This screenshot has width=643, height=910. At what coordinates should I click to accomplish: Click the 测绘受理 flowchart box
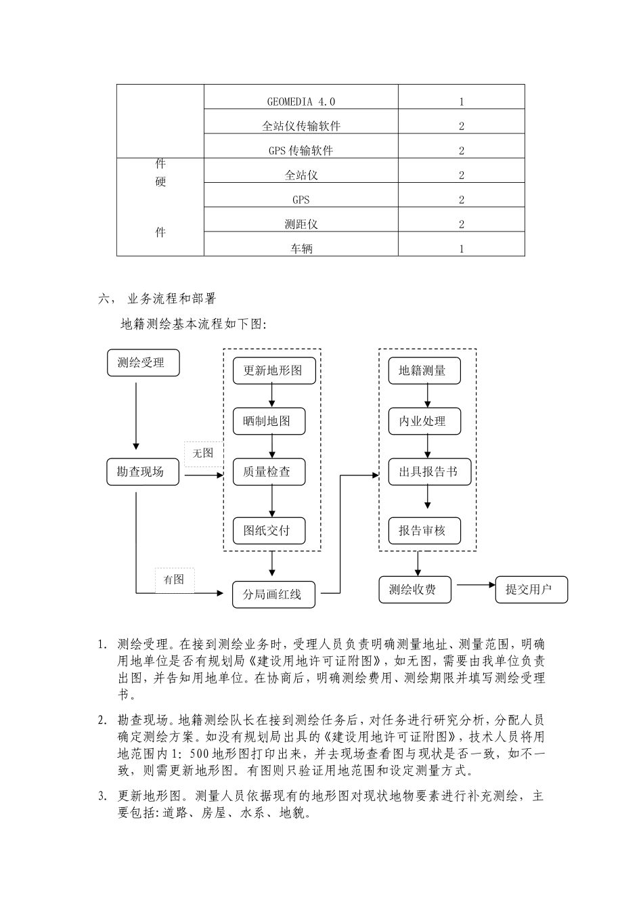pos(143,363)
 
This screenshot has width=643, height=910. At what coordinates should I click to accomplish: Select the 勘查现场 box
pos(143,472)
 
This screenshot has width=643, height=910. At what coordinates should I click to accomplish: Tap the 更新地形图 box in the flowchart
pos(272,370)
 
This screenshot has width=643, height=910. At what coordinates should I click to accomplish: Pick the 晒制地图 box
pos(269,421)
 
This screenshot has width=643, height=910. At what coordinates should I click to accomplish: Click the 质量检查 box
pos(269,472)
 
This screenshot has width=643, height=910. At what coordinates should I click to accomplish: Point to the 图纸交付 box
pos(269,531)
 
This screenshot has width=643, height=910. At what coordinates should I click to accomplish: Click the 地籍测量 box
pos(424,370)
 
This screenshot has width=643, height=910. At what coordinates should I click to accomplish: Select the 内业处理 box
pos(424,421)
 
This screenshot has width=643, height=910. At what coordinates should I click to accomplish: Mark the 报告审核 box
pos(424,531)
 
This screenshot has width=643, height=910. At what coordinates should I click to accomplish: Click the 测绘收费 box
pos(415,589)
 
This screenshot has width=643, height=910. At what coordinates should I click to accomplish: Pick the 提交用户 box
pos(531,589)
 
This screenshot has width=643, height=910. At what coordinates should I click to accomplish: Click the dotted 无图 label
pos(203,453)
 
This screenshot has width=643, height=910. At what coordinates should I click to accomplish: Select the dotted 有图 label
pos(175,580)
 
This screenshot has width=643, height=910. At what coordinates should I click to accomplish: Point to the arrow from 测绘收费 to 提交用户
pos(476,585)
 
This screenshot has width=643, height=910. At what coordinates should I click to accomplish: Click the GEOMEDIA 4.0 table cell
pos(301,102)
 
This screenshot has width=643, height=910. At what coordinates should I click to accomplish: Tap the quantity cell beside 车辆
pos(462,248)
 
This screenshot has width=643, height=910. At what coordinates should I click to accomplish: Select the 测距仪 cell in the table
pos(301,224)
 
